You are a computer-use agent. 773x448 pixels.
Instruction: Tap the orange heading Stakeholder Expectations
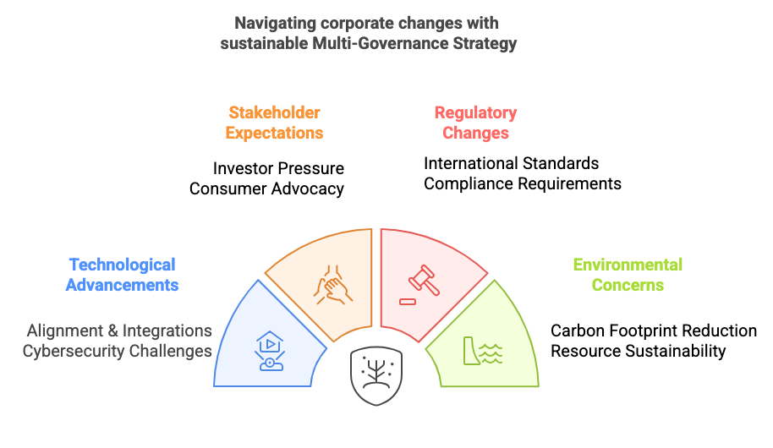pos(274,123)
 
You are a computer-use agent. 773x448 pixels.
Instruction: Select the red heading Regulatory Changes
pos(475,123)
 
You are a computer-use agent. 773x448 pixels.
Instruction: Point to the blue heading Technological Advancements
pos(123,275)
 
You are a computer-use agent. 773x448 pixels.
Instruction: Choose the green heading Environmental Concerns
pos(628,275)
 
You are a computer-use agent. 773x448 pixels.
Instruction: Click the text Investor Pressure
pos(278,168)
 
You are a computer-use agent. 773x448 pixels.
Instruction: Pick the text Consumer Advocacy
pos(266,188)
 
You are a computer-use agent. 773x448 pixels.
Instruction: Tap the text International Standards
pos(511,163)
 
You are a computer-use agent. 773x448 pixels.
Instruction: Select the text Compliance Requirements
pos(523,183)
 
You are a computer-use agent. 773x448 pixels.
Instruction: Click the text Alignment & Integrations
pos(119,331)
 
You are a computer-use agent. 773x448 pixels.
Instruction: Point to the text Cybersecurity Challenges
pos(118,351)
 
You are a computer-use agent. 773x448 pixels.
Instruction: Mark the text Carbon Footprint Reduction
pos(654,331)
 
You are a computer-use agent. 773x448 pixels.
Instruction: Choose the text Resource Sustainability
pos(638,351)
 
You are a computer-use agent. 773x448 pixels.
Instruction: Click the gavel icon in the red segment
pos(424,281)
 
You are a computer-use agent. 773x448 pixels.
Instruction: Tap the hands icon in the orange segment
pos(333,285)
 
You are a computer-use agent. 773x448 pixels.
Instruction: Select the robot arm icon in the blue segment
pos(270,351)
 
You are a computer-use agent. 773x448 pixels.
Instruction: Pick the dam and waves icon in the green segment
pos(483,351)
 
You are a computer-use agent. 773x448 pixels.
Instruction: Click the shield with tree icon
pos(376,375)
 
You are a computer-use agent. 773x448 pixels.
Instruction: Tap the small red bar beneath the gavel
pos(408,302)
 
